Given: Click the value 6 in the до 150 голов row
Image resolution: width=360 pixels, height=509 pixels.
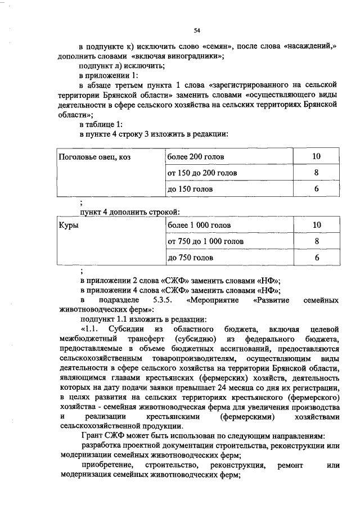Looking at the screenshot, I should click(x=317, y=189).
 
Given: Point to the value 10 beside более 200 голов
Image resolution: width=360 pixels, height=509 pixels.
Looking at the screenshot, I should click(x=317, y=156).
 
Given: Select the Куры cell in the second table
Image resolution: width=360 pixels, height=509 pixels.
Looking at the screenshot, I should click(x=69, y=226).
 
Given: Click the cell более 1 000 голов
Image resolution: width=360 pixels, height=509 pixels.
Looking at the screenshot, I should click(x=199, y=226).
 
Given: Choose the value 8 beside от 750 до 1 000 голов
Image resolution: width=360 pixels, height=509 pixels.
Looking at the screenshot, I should click(x=317, y=241).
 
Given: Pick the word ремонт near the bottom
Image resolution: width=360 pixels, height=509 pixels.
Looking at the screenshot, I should click(x=290, y=465).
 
